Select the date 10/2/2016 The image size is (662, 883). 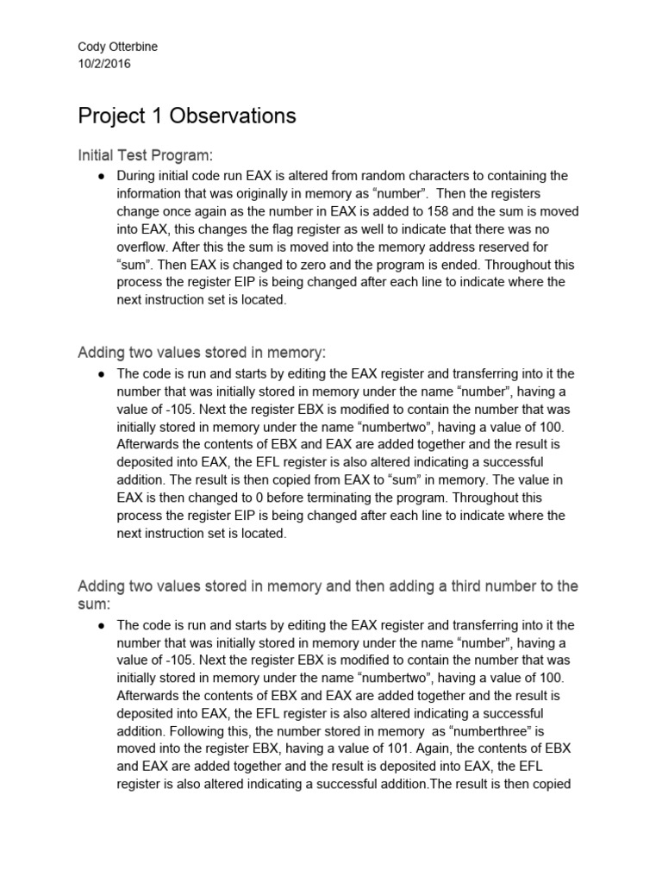104,64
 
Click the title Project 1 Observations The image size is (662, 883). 187,116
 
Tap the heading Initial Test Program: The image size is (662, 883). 145,155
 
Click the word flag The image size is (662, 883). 259,229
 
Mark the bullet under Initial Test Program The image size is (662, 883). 101,176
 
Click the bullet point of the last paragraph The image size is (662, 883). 101,625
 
